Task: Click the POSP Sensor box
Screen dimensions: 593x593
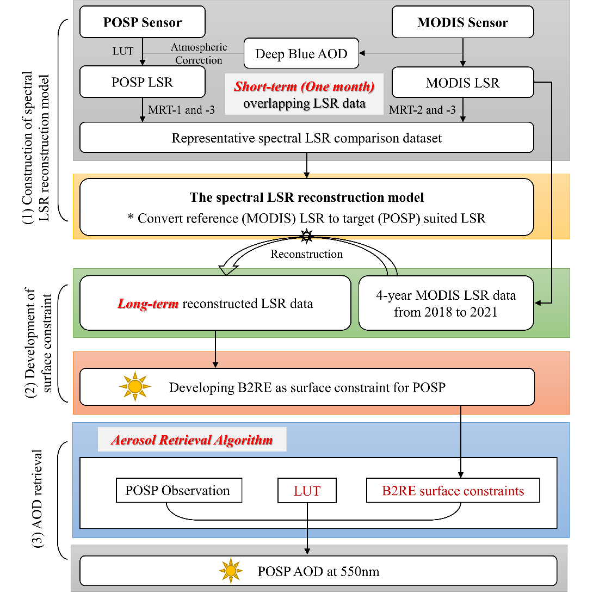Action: click(143, 22)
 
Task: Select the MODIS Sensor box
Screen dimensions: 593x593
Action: click(462, 22)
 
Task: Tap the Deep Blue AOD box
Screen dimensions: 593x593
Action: click(301, 53)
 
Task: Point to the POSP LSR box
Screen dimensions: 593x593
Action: click(143, 83)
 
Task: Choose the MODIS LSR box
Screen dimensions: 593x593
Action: click(462, 83)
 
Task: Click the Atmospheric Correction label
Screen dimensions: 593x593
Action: click(199, 54)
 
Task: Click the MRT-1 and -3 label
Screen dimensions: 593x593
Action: click(181, 110)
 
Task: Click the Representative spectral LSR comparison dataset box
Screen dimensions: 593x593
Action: click(306, 138)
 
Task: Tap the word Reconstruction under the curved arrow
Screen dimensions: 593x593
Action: click(307, 254)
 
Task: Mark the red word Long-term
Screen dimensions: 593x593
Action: click(148, 303)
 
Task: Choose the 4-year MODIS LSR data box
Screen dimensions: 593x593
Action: click(446, 303)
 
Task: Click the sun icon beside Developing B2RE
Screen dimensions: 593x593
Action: click(134, 387)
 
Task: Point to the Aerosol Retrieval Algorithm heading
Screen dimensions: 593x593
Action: click(192, 440)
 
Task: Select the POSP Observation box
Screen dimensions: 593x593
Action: click(178, 491)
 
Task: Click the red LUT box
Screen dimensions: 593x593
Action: click(307, 491)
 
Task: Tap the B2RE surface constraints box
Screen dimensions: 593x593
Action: click(453, 491)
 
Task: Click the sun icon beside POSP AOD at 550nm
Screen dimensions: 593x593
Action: click(231, 571)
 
